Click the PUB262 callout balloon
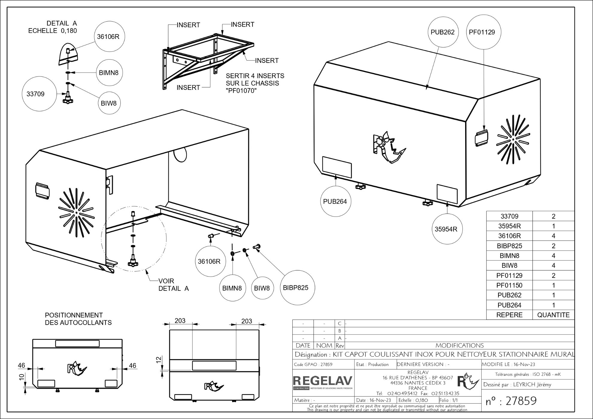pyautogui.click(x=442, y=32)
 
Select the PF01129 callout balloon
pyautogui.click(x=482, y=32)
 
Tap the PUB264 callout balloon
pyautogui.click(x=335, y=202)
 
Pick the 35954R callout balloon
pyautogui.click(x=446, y=229)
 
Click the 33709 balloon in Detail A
pyautogui.click(x=35, y=94)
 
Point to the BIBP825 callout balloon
pyautogui.click(x=295, y=288)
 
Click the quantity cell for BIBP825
pyautogui.click(x=553, y=246)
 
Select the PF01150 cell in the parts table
pyautogui.click(x=509, y=285)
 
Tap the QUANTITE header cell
pyautogui.click(x=553, y=315)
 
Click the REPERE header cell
pyautogui.click(x=509, y=315)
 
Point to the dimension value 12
pyautogui.click(x=159, y=359)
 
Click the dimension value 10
pyautogui.click(x=21, y=377)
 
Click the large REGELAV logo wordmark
pyautogui.click(x=323, y=381)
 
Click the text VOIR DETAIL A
pyautogui.click(x=173, y=285)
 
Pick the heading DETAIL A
pyautogui.click(x=62, y=23)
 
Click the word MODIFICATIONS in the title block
pyautogui.click(x=459, y=346)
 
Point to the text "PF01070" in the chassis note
pyautogui.click(x=241, y=91)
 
